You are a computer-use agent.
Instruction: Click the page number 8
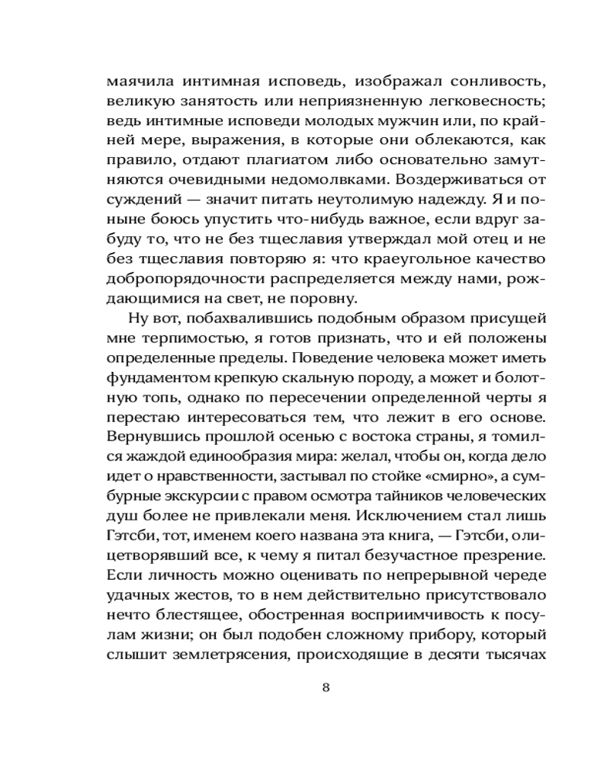[326, 687]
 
